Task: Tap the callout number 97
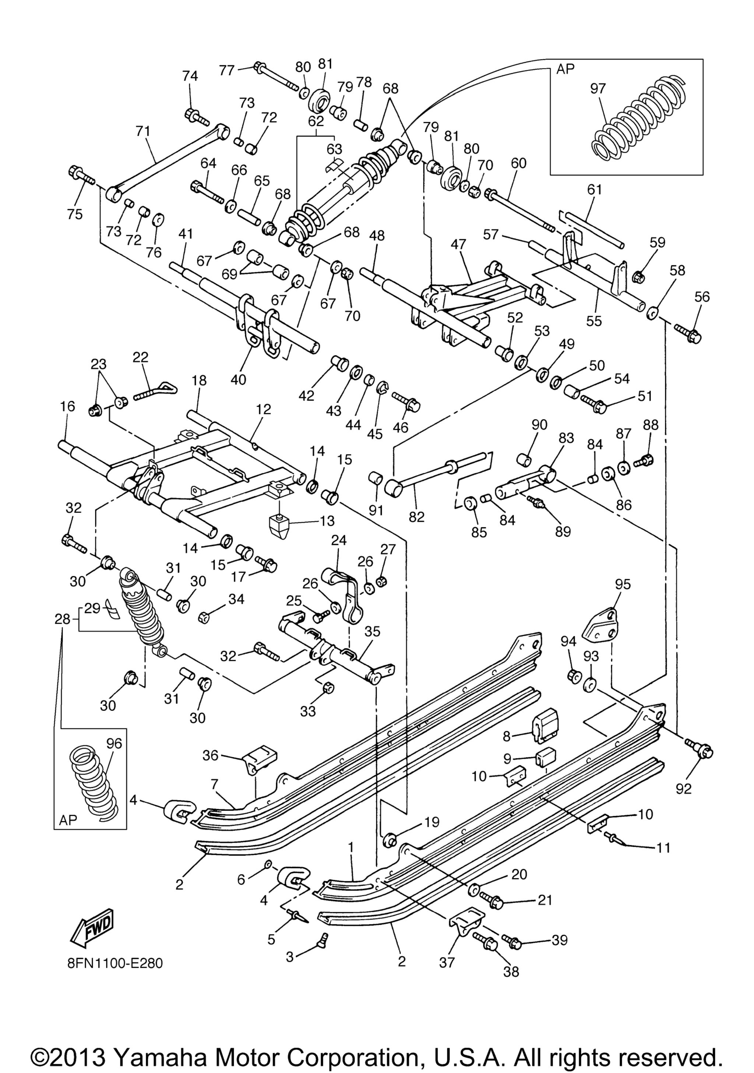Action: tap(598, 88)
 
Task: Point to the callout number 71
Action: tap(143, 131)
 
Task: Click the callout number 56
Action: tap(702, 296)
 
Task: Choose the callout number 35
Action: tap(372, 631)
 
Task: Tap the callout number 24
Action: tap(339, 541)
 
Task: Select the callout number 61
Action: tap(594, 190)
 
